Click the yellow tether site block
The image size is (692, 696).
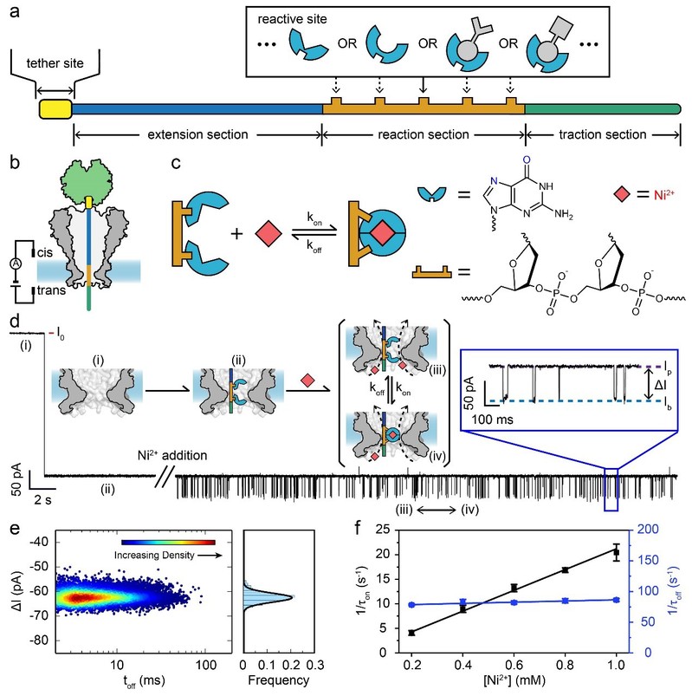[55, 108]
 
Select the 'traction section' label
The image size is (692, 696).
[605, 135]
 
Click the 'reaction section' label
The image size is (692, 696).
[423, 135]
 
